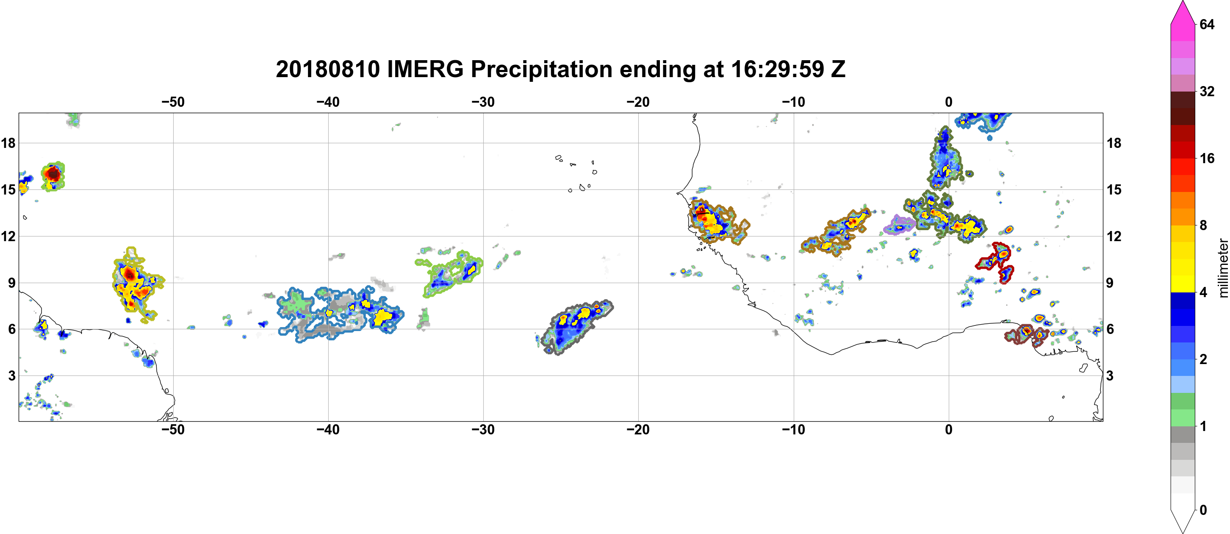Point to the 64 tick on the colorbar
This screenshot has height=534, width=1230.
pyautogui.click(x=1207, y=24)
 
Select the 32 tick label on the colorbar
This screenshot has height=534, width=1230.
pyautogui.click(x=1207, y=91)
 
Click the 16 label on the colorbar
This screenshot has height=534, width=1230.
pyautogui.click(x=1207, y=158)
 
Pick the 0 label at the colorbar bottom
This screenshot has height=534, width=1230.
pyautogui.click(x=1203, y=510)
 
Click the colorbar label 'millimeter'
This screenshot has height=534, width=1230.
pyautogui.click(x=1223, y=268)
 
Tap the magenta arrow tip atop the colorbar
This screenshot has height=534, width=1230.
pyautogui.click(x=1182, y=2)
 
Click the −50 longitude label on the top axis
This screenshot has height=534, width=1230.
pyautogui.click(x=173, y=102)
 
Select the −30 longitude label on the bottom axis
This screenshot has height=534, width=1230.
pyautogui.click(x=483, y=430)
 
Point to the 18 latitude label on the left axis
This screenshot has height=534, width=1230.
pyautogui.click(x=8, y=143)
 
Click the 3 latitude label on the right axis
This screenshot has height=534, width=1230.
pyautogui.click(x=1110, y=375)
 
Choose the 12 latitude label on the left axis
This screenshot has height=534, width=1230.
pyautogui.click(x=8, y=236)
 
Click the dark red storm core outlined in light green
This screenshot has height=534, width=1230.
pyautogui.click(x=53, y=174)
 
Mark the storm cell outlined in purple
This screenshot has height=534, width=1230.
pyautogui.click(x=899, y=225)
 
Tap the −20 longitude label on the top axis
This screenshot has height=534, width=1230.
pyautogui.click(x=638, y=102)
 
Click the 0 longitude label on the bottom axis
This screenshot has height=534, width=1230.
pyautogui.click(x=949, y=430)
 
